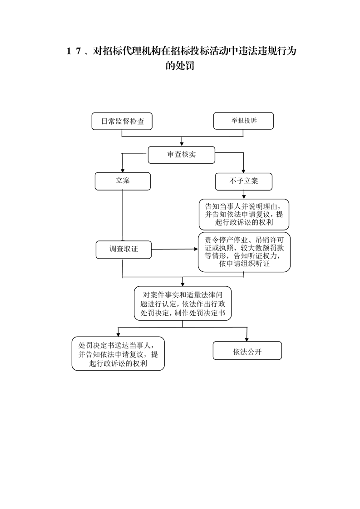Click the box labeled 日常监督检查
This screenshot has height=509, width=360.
(122, 122)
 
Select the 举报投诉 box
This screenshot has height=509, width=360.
(243, 121)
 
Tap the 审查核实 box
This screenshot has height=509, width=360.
(181, 155)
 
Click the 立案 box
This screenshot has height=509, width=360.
(123, 181)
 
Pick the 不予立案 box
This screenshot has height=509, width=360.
(244, 181)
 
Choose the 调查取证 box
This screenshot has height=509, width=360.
(123, 250)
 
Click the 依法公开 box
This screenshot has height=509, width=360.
(247, 351)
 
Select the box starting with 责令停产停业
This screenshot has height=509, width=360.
(244, 252)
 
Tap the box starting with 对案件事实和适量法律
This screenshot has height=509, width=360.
(182, 303)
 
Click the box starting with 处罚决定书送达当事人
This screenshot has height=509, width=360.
(118, 353)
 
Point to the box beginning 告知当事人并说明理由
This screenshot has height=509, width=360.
(244, 215)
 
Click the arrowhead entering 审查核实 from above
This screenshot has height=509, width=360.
(182, 144)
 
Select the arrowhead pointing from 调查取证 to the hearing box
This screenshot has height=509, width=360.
(196, 250)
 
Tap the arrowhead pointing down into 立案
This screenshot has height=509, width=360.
(123, 171)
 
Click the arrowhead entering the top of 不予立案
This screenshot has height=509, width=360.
(243, 171)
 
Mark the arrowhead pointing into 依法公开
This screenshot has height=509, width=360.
(247, 339)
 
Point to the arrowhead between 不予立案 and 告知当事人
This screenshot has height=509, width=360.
(244, 197)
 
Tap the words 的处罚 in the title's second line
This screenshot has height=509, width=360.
(180, 66)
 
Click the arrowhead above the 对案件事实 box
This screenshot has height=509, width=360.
(182, 284)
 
